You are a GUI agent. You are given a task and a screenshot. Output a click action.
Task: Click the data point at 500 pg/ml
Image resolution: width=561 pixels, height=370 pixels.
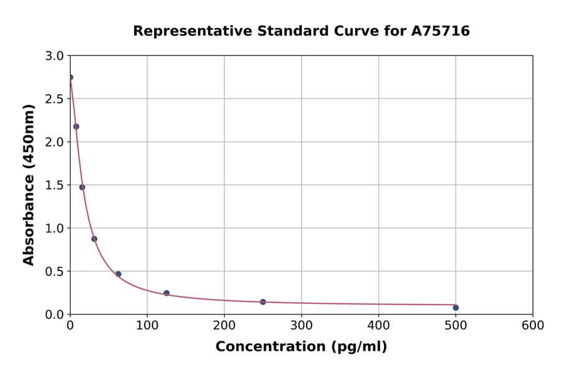(x=456, y=308)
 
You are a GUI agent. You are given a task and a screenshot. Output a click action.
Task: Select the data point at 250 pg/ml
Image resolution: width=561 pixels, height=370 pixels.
(x=263, y=302)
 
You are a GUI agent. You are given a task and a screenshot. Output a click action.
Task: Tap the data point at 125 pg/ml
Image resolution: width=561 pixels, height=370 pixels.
(x=166, y=293)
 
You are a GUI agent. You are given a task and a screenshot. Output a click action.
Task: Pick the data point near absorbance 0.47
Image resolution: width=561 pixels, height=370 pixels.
(x=118, y=274)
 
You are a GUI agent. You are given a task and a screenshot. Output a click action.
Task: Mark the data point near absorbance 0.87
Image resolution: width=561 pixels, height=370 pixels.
(x=94, y=239)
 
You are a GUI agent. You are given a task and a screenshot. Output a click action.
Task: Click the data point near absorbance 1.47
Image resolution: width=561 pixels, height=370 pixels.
(x=82, y=187)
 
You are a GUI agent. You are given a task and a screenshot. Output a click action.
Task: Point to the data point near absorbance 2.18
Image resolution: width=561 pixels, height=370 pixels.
(x=76, y=126)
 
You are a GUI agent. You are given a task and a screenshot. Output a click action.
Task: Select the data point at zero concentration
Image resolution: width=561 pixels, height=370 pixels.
(x=70, y=77)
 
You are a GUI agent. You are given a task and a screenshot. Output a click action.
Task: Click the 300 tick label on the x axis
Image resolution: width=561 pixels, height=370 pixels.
(x=301, y=325)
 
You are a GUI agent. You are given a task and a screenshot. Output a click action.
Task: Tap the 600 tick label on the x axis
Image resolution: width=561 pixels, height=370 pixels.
(x=533, y=325)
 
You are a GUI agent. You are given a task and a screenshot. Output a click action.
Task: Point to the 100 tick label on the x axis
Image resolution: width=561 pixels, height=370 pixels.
(x=147, y=325)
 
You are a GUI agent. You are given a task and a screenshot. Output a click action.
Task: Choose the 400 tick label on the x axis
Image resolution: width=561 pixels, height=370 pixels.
(x=378, y=325)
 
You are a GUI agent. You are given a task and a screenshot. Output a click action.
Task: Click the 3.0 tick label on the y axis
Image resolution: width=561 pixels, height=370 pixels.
(x=55, y=56)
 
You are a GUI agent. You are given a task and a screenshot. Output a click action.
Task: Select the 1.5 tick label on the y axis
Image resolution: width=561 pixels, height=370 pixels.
(x=55, y=185)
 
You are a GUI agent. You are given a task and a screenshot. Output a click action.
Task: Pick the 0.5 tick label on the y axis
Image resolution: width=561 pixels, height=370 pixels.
(x=55, y=272)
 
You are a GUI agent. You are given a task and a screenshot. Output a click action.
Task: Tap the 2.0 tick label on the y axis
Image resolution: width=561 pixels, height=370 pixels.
(x=55, y=142)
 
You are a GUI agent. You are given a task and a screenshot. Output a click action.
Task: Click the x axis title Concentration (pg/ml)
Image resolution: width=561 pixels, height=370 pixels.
(x=301, y=347)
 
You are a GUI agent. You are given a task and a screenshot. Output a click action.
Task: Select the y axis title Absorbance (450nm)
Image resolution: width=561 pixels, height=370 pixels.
(x=29, y=185)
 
